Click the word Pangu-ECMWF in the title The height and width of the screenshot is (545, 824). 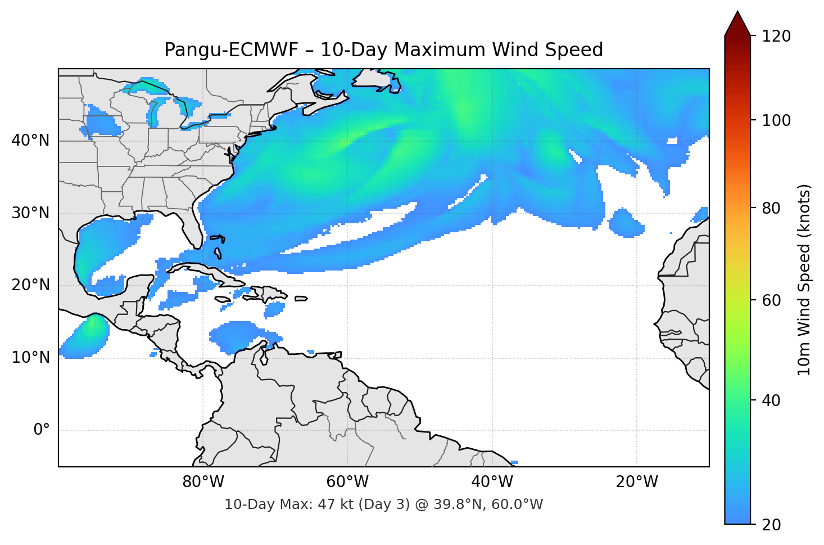pos(231,50)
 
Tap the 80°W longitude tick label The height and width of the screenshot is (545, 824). pos(203,482)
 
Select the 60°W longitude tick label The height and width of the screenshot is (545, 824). pos(347,482)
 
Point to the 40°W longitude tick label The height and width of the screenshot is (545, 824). pos(492,482)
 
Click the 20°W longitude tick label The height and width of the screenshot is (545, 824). pos(636,482)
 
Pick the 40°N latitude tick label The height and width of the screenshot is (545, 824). pos(30,140)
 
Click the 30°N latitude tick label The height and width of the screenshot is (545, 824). pos(30,213)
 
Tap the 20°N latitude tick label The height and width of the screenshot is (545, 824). pos(30,285)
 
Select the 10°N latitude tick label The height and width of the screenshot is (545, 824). pos(30,358)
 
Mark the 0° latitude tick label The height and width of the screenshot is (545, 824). pos(42,430)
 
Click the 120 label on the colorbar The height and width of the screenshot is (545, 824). pos(776,37)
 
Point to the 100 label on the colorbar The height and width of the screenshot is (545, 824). pos(776,120)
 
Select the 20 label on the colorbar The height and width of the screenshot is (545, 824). pos(772,525)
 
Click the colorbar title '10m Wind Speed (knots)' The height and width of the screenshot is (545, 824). pos(804,280)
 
